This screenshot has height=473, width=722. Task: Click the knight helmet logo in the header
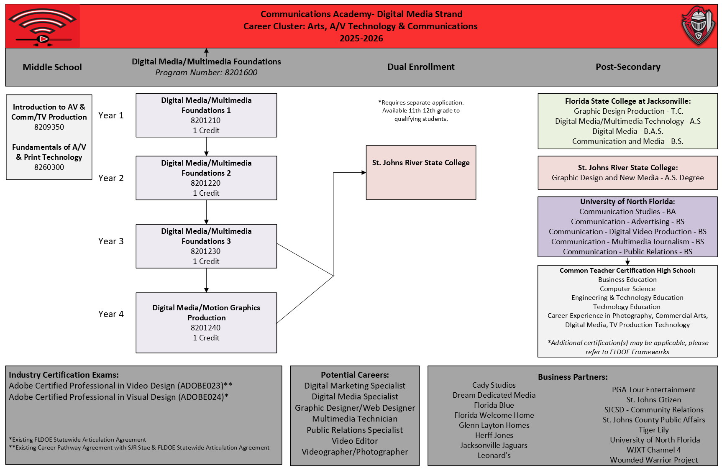[x=698, y=26]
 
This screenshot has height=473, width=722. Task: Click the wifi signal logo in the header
[x=42, y=26]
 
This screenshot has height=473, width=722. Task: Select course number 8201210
[x=205, y=120]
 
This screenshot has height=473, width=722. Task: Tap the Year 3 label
[x=111, y=241]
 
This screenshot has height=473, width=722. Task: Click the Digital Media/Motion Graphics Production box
[x=206, y=323]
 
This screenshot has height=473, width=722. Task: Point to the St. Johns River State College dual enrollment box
[x=421, y=172]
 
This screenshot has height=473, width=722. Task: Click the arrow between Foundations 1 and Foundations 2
[x=206, y=146]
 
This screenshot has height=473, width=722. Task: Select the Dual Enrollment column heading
[x=421, y=67]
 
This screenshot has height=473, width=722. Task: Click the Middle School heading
[x=52, y=67]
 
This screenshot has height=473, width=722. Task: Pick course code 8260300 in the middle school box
[x=49, y=167]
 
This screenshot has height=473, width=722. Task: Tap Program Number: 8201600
[x=206, y=72]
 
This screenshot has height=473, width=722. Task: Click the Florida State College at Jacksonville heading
[x=628, y=101]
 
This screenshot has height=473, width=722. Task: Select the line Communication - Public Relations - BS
[x=627, y=252]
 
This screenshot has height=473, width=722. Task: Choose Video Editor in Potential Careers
[x=355, y=441]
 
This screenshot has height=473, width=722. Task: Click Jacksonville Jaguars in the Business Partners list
[x=494, y=445]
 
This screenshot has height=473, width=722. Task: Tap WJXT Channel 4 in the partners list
[x=654, y=450]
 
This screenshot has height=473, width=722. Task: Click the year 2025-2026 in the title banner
[x=361, y=38]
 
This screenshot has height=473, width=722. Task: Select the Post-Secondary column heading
[x=628, y=67]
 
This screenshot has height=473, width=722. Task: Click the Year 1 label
[x=111, y=115]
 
